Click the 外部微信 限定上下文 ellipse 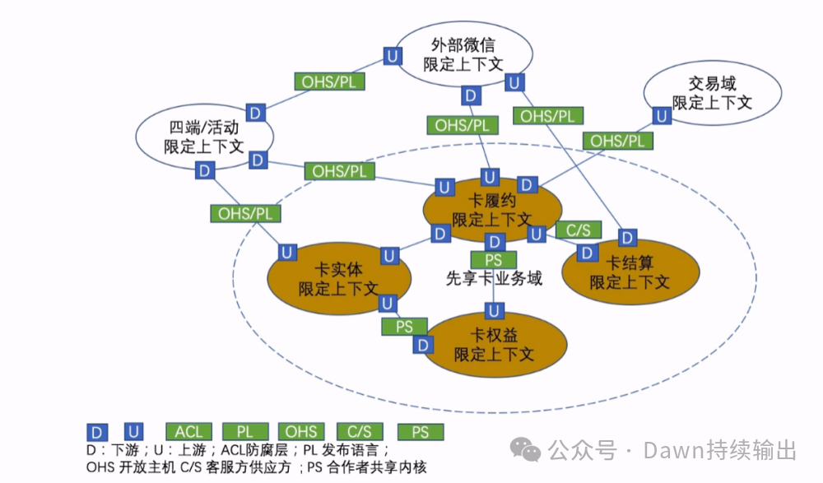[x=463, y=54]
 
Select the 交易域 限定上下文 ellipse [x=712, y=93]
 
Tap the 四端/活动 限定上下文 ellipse [x=203, y=137]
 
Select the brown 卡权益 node [x=494, y=345]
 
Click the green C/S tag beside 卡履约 [x=579, y=230]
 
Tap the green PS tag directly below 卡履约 [x=493, y=260]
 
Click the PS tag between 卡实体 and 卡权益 [x=404, y=327]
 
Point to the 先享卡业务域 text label [x=494, y=278]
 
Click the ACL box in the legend [x=188, y=431]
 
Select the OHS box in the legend [x=301, y=431]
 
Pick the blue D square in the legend [x=97, y=431]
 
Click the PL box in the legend [x=245, y=431]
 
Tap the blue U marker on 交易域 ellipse [x=662, y=116]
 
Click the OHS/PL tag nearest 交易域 [x=617, y=141]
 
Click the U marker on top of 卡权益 [x=493, y=310]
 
